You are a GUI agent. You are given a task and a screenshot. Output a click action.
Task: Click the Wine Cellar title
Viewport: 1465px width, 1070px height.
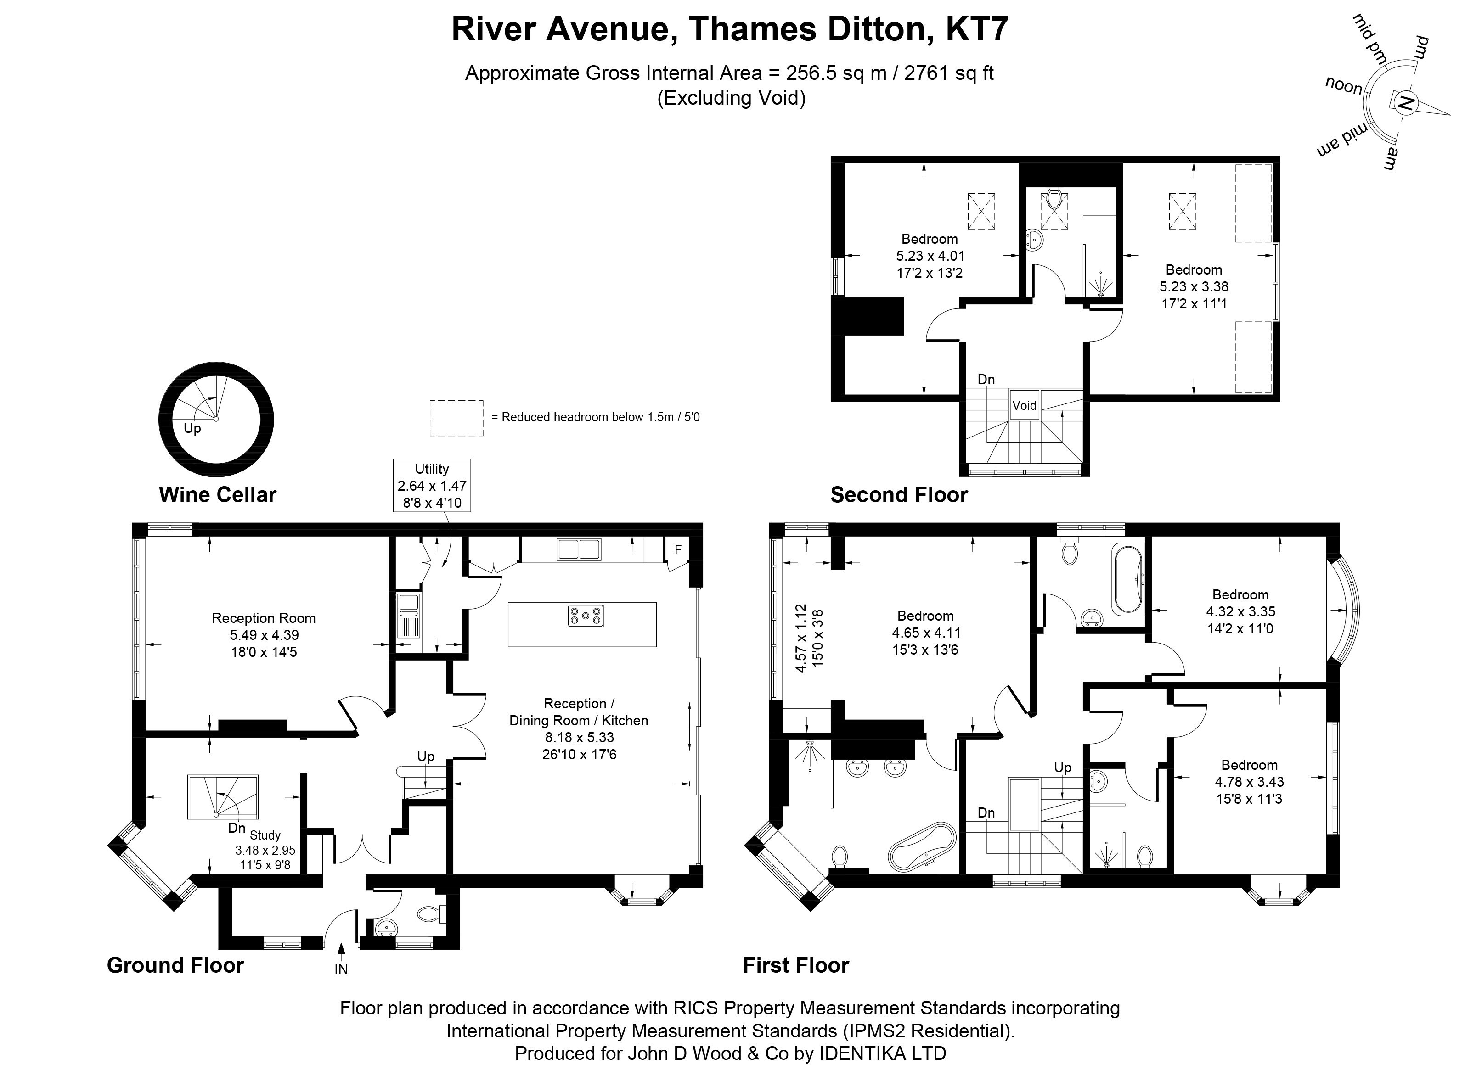click(x=217, y=495)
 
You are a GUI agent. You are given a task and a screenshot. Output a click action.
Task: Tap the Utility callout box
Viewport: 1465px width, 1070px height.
click(x=432, y=486)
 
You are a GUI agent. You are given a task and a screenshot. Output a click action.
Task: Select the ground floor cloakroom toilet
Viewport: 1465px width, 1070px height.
click(x=429, y=914)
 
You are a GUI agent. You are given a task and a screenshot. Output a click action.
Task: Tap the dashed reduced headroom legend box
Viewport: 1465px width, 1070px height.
click(x=456, y=418)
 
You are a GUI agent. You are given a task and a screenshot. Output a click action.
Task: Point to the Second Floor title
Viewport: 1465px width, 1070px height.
click(x=899, y=495)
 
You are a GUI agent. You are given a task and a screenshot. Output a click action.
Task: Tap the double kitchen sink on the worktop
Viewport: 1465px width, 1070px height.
click(x=578, y=549)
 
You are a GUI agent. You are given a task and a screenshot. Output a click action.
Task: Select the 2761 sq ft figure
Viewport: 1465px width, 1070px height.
click(x=949, y=73)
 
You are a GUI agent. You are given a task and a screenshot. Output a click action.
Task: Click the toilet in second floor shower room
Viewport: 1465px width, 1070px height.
click(x=1054, y=198)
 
